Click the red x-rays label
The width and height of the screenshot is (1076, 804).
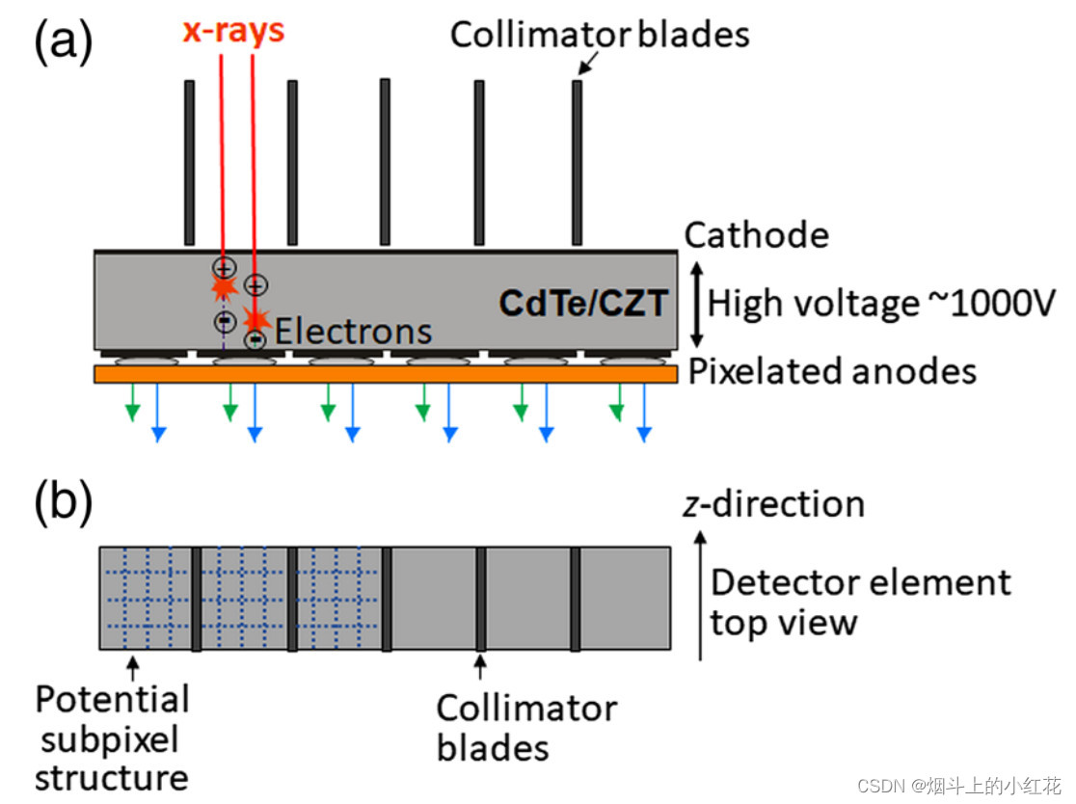[234, 31]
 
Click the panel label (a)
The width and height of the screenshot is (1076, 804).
[64, 42]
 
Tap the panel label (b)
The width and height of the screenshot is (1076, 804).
[64, 501]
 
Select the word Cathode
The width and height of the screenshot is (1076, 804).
[756, 235]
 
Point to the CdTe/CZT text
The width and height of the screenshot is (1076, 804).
[582, 304]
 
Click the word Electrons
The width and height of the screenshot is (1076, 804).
[353, 332]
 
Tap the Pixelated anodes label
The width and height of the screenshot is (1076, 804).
[832, 371]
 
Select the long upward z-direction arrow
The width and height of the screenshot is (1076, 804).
[702, 593]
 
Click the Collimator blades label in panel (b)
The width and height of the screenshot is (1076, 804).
[526, 727]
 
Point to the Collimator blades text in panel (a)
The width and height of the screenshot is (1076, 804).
[600, 36]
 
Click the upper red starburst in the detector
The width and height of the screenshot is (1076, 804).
[224, 286]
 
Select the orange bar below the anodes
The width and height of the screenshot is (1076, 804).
[386, 374]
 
